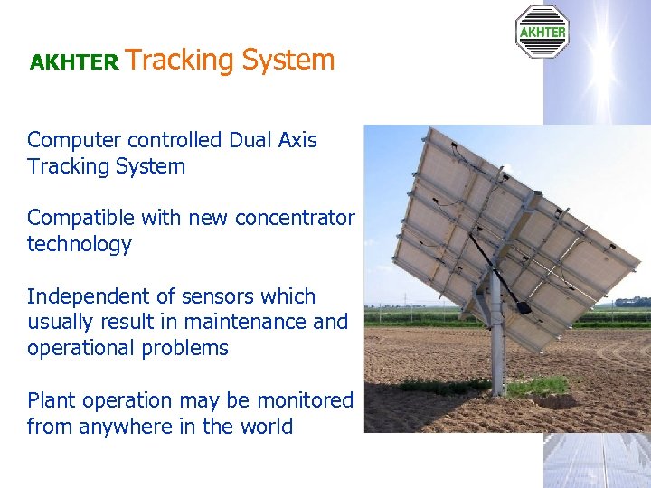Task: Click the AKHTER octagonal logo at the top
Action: (542, 32)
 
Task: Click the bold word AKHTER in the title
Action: (74, 62)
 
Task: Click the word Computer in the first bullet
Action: (75, 141)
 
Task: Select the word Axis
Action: (298, 140)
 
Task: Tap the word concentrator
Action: (295, 219)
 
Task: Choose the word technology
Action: (80, 245)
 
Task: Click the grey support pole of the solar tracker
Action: (495, 352)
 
